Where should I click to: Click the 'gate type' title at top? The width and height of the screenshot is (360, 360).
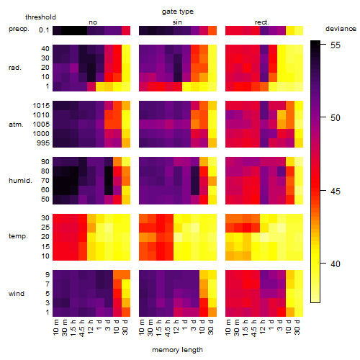coord(178,12)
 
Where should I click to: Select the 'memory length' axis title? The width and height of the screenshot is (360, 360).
coord(177,350)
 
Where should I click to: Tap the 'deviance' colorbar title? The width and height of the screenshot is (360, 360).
coord(341,29)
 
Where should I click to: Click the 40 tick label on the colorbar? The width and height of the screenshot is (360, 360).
coord(336,264)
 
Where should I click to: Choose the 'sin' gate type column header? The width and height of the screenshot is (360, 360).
coord(177,22)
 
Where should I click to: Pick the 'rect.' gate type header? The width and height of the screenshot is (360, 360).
coord(261,22)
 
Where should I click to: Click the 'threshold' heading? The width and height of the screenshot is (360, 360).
coord(40,17)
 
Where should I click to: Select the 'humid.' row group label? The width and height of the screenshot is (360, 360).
coord(20,181)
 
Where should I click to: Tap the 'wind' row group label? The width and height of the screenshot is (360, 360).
coord(17,294)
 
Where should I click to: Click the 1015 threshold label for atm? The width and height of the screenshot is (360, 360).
coord(41,105)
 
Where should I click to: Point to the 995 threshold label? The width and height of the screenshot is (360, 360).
coord(43,143)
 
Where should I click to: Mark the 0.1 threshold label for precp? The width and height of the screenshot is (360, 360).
coord(44,30)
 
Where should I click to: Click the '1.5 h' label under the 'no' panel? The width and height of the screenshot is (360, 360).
coord(73,328)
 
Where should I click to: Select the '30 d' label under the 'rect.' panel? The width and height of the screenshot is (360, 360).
coord(297,328)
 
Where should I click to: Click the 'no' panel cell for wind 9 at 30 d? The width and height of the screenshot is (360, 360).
coord(126,275)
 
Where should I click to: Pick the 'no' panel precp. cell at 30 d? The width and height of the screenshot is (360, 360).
coord(126,30)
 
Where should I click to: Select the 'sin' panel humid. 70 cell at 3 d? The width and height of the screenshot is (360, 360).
coord(195,181)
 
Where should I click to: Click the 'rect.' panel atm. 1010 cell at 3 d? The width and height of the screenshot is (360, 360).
coord(282,114)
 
